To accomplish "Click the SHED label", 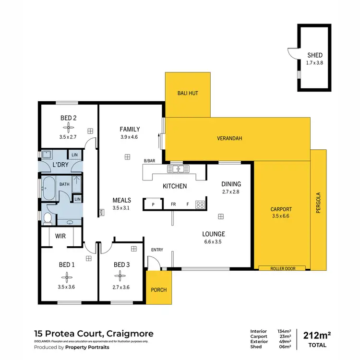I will pos(315,55).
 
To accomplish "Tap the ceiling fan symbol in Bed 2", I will pos(69,127).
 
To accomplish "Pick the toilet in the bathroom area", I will pos(48,219).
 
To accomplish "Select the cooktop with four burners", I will pos(200,204).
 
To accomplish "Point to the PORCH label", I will pos(158,289).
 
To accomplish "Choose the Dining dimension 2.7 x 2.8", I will pos(231,192).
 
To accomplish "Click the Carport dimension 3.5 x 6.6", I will pos(281,216).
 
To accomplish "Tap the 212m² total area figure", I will pos(317,335).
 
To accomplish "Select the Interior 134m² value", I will pos(284,331).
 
